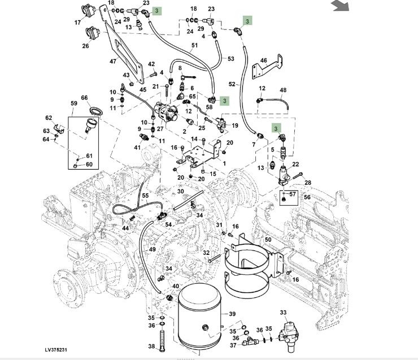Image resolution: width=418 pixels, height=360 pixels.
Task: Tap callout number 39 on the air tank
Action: click(x=232, y=314)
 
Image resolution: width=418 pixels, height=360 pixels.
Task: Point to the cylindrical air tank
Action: click(x=198, y=319)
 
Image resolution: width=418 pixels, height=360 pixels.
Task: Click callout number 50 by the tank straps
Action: click(x=268, y=240)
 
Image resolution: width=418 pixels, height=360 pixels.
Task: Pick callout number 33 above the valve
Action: click(x=283, y=313)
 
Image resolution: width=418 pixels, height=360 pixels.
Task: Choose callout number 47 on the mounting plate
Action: click(x=112, y=61)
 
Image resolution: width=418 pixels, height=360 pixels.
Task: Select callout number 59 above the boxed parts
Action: click(x=73, y=103)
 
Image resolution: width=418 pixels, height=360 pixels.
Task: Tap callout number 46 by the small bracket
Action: click(x=263, y=60)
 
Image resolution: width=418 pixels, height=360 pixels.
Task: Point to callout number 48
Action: click(x=283, y=90)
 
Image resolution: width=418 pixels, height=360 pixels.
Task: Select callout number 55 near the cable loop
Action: click(x=145, y=196)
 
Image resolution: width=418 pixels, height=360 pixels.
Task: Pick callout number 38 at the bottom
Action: click(x=151, y=346)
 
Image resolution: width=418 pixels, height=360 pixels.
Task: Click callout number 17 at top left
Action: click(x=77, y=23)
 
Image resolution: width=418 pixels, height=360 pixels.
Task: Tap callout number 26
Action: click(x=85, y=46)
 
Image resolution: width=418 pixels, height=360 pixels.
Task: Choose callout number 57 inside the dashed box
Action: click(x=292, y=194)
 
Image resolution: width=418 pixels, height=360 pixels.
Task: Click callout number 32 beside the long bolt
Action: click(x=206, y=253)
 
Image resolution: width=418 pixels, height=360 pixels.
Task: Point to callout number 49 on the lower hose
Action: click(x=152, y=249)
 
